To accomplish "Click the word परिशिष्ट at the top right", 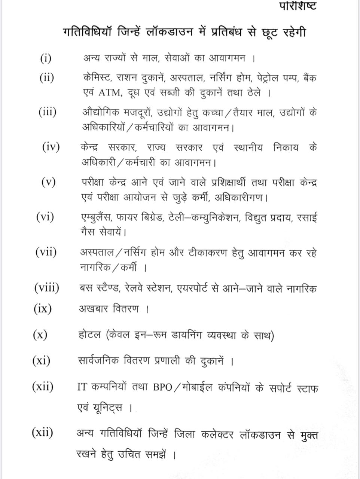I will [x=298, y=6].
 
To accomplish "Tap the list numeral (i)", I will [x=46, y=58].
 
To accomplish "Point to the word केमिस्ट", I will [x=97, y=78].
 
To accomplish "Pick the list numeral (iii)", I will [x=48, y=112].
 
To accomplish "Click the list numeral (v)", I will [x=49, y=182].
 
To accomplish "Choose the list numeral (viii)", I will [x=47, y=288].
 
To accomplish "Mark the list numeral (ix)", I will [x=43, y=309].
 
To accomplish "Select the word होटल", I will [x=90, y=335].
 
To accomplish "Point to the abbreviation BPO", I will [x=162, y=388].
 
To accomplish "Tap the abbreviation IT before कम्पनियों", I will [x=82, y=388].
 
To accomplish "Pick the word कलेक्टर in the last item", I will [x=217, y=435].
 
